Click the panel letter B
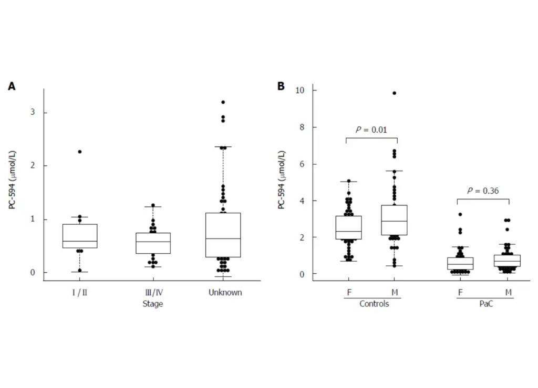point(281,86)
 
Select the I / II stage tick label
point(79,292)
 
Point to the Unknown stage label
point(224,292)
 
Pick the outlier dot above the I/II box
point(80,152)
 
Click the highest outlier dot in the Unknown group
point(223,102)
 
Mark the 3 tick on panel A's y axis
point(32,113)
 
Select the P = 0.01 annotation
point(371,130)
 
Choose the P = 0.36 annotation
point(483,191)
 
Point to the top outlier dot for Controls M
point(395,93)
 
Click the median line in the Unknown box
point(223,238)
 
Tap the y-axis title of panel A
point(12,181)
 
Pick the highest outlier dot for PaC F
point(460,215)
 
